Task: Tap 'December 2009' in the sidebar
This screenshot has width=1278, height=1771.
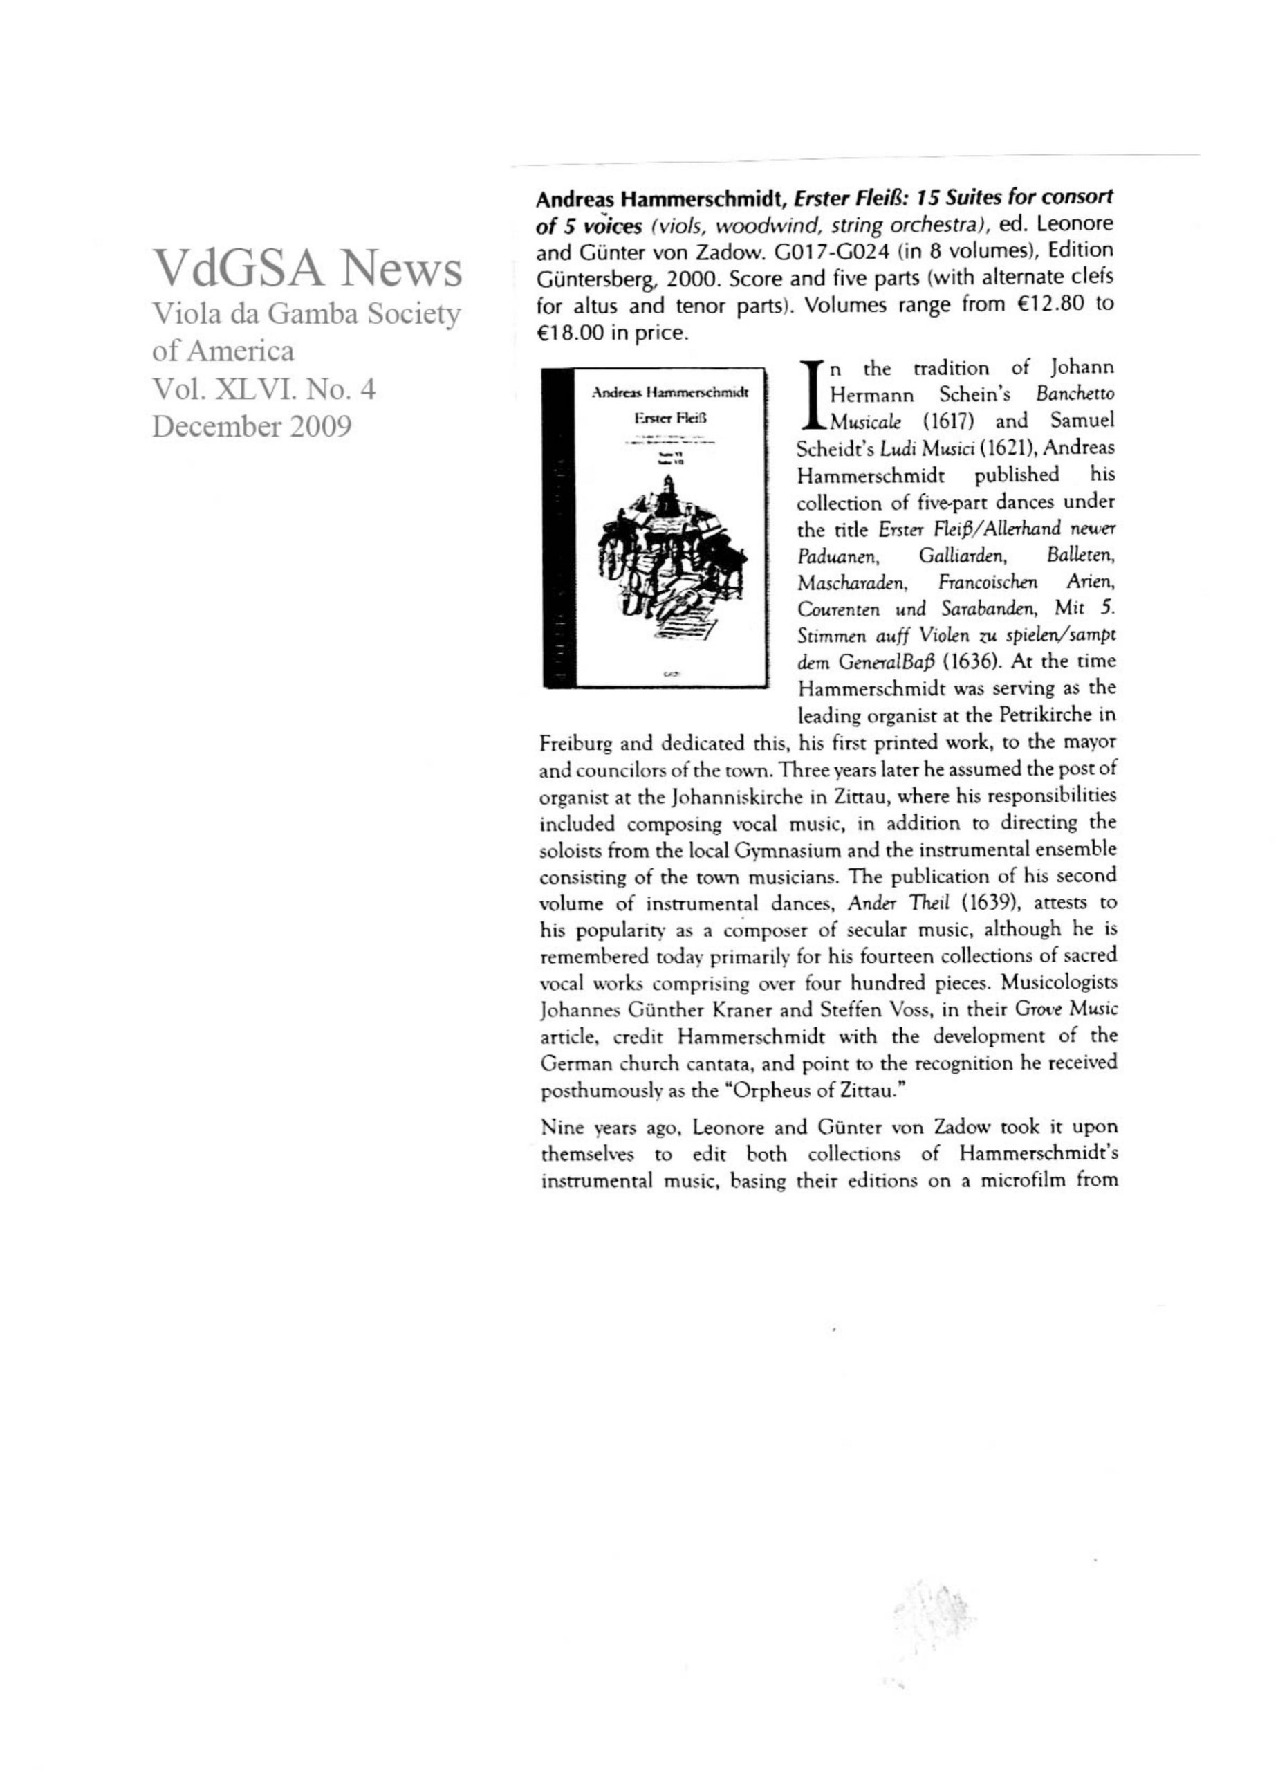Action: [x=252, y=425]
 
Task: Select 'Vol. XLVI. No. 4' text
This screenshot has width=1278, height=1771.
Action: [x=264, y=388]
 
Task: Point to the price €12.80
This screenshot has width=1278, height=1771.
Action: [x=1044, y=304]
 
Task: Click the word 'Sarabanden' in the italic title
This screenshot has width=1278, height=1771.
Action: [x=985, y=608]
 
